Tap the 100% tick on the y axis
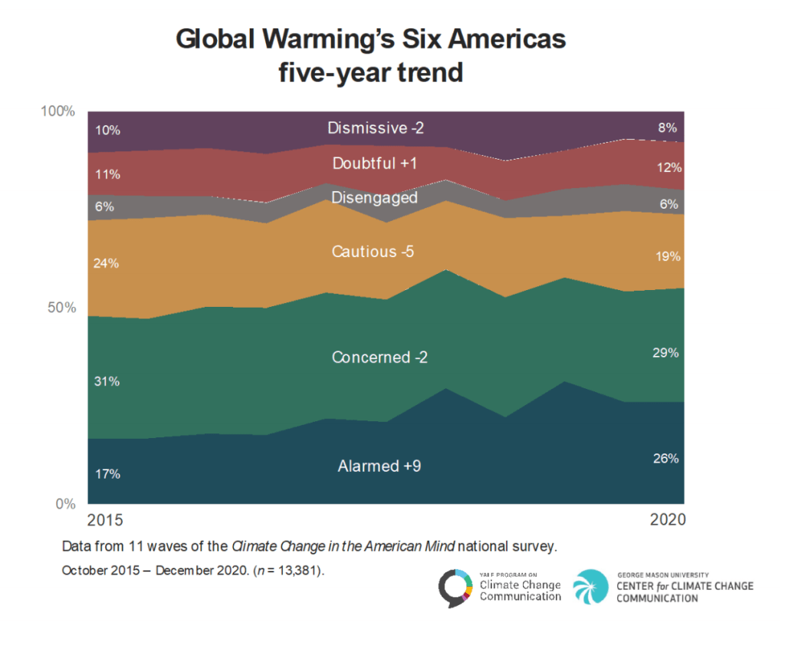click(x=57, y=111)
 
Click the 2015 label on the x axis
click(x=104, y=520)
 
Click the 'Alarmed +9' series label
click(x=379, y=466)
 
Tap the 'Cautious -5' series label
click(x=373, y=252)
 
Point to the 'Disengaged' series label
click(x=374, y=197)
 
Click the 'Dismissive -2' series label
click(x=376, y=128)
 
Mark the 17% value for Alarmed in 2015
click(x=107, y=474)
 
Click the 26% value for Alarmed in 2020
click(x=665, y=459)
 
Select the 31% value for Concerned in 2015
click(x=107, y=381)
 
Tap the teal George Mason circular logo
click(x=590, y=586)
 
